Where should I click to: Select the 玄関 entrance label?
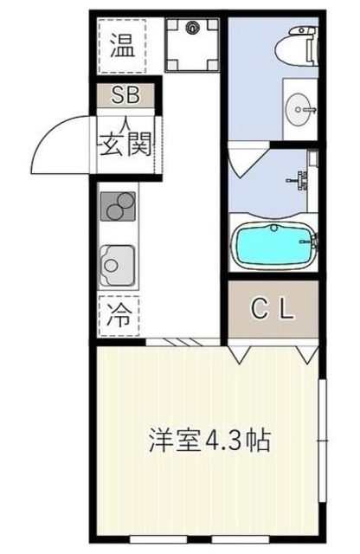point(126,143)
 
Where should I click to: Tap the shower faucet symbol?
point(300,178)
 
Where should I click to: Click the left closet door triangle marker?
point(241,352)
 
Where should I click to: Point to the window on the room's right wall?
point(322,441)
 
